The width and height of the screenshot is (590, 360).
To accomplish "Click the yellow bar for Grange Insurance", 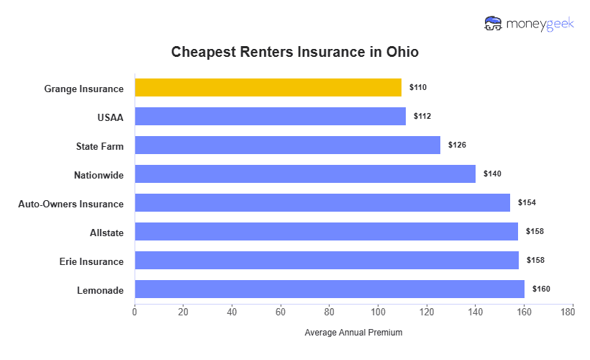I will (x=268, y=88).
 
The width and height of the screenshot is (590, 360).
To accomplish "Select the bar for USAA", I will (x=270, y=117).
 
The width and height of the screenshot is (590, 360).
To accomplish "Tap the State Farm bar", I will (x=287, y=145).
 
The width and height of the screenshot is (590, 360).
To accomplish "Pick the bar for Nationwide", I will (x=304, y=174).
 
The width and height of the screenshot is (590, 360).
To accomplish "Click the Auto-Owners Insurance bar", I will (x=322, y=203).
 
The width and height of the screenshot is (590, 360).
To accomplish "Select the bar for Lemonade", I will (x=329, y=289).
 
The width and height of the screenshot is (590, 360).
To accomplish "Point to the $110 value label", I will (x=418, y=87).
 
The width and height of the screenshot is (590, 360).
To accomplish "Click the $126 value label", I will (x=457, y=145).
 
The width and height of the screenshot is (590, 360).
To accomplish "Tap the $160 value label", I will (x=541, y=289).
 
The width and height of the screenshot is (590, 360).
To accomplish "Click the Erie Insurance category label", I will (x=91, y=261).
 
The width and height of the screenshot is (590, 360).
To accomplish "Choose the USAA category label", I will (x=110, y=117).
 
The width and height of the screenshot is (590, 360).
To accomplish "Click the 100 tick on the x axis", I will (x=378, y=312).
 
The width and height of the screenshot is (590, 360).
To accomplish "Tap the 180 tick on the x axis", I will (x=573, y=312).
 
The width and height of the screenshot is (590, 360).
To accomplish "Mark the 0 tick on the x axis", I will (x=135, y=312).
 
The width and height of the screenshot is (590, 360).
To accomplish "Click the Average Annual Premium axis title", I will (x=353, y=333).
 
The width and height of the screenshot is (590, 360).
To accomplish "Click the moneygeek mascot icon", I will (x=494, y=24).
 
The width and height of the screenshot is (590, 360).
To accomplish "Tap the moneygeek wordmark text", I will (x=541, y=24).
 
